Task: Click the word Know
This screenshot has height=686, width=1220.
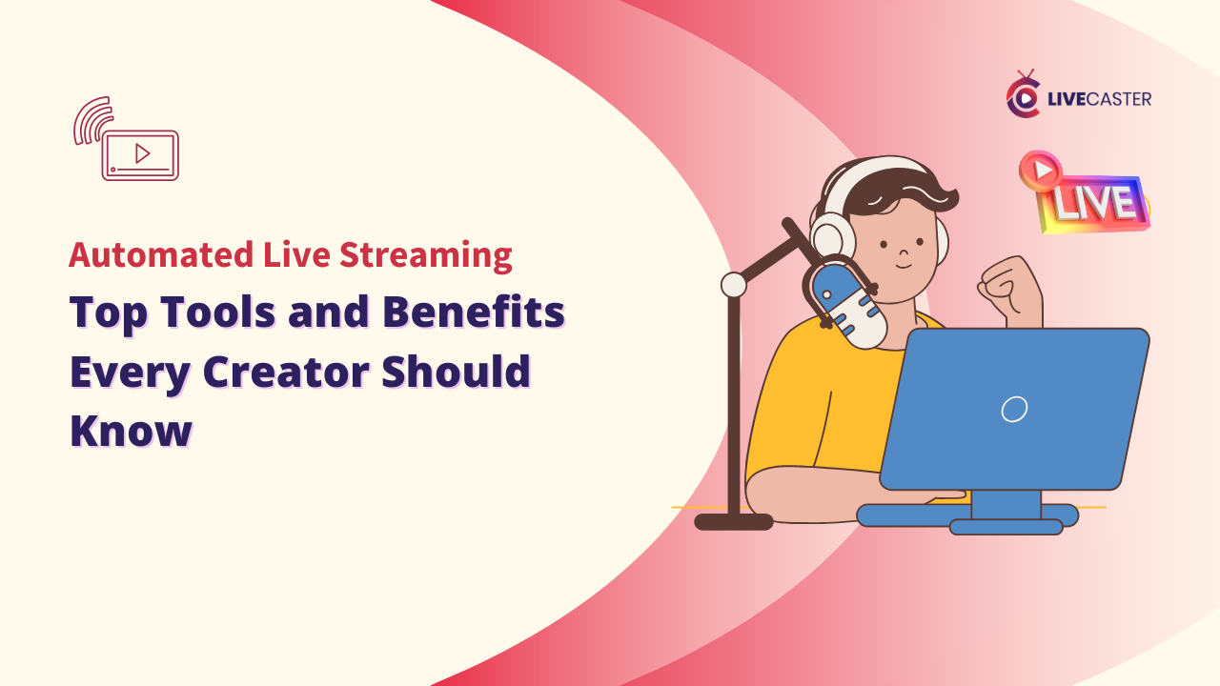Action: [x=131, y=430]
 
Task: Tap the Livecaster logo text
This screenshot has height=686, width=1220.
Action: [x=1099, y=98]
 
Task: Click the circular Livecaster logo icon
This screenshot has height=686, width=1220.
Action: [x=1023, y=98]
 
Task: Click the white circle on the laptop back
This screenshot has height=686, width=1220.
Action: [x=1014, y=409]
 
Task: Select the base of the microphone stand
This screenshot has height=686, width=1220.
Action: [x=733, y=521]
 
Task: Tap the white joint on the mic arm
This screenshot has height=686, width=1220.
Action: [x=733, y=284]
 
